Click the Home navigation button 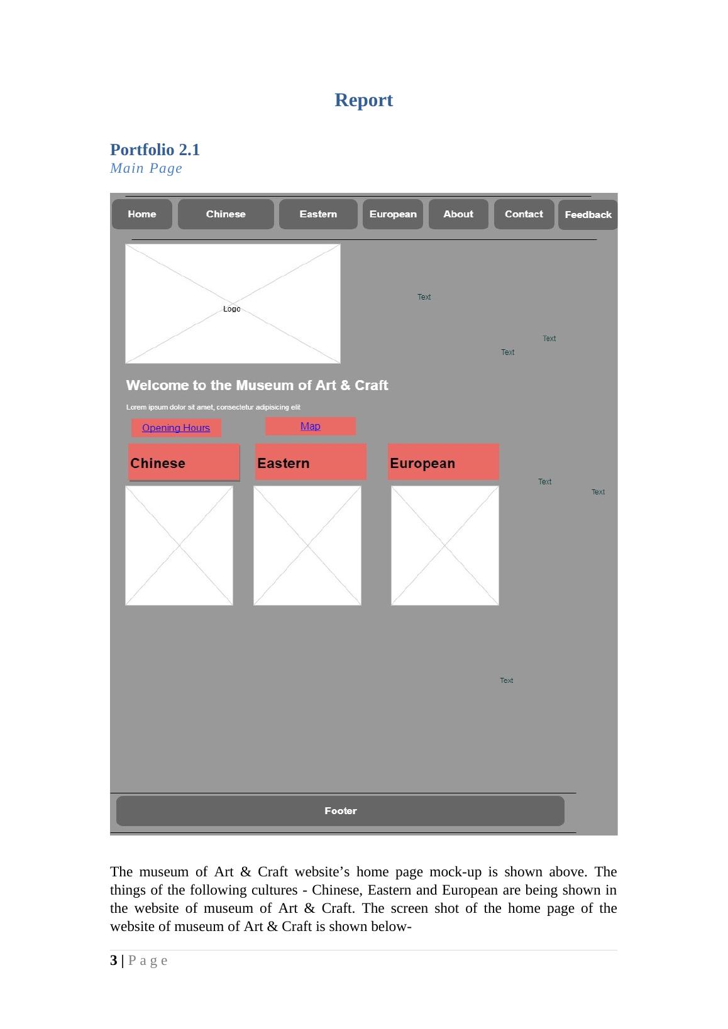142,214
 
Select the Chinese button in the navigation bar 226,214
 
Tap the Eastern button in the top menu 318,214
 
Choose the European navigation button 393,214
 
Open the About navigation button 458,214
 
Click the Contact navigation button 524,214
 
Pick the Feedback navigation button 588,214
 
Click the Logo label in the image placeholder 231,308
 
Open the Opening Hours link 176,428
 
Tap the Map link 310,426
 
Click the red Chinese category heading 184,462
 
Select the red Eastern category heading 311,462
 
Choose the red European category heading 443,462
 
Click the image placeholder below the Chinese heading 179,546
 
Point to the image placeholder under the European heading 445,546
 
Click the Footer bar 340,811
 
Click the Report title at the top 363,100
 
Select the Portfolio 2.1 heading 155,150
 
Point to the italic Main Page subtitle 146,168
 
